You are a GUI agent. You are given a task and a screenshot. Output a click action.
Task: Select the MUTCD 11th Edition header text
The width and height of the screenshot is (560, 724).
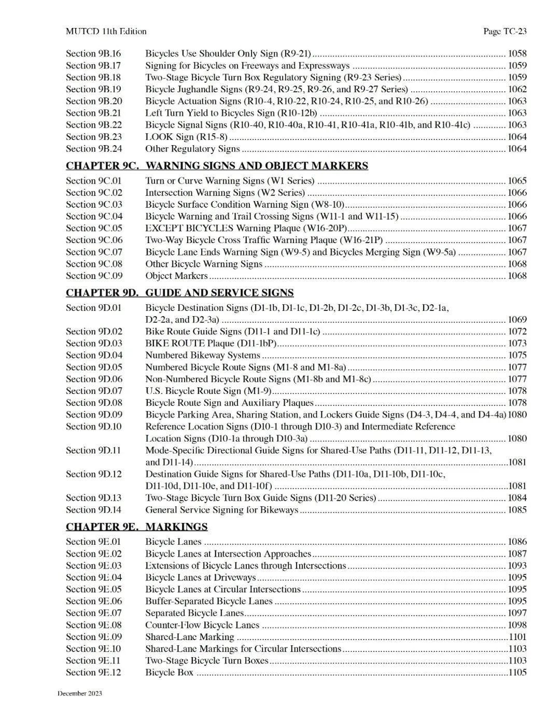pos(106,31)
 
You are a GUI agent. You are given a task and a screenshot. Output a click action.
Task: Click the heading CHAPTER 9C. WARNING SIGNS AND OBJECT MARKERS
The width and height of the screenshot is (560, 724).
pos(217,166)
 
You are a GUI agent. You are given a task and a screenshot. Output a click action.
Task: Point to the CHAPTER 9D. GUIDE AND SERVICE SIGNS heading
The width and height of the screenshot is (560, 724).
pos(179,293)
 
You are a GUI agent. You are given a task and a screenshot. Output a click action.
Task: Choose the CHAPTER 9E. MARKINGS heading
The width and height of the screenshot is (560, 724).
pos(136,527)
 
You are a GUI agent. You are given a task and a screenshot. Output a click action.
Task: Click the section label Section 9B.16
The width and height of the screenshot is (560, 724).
pos(93,53)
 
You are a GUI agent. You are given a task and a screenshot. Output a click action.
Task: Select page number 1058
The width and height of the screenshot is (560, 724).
pos(517,53)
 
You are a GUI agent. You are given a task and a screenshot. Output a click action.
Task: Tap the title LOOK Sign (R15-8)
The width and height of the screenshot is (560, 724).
pos(186,137)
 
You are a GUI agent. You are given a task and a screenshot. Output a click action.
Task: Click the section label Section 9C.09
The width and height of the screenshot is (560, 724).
pos(94,276)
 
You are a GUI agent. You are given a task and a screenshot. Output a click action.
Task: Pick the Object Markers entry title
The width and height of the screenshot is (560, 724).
pos(176,276)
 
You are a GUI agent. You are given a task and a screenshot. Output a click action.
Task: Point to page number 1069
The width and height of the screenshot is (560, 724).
pos(517,320)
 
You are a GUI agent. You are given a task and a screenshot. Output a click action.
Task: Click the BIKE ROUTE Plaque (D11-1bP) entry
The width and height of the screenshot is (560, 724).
pos(211,343)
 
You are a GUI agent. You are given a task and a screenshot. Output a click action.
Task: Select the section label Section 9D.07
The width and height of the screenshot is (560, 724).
pos(94,391)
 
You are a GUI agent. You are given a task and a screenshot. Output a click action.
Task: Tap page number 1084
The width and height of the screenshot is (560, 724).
pos(517,498)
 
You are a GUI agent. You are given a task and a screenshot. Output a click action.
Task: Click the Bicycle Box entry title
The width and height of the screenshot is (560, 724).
pos(169,673)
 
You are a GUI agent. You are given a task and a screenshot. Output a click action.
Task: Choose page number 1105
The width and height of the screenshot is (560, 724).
pos(517,673)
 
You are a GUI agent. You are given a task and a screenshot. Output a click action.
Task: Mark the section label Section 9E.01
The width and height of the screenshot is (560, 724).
pos(93,542)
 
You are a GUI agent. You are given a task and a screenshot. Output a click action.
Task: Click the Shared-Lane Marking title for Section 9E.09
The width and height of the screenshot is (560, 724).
pos(190,637)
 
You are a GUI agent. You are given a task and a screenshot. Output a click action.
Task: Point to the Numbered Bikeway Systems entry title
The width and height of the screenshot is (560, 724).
pos(203,355)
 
